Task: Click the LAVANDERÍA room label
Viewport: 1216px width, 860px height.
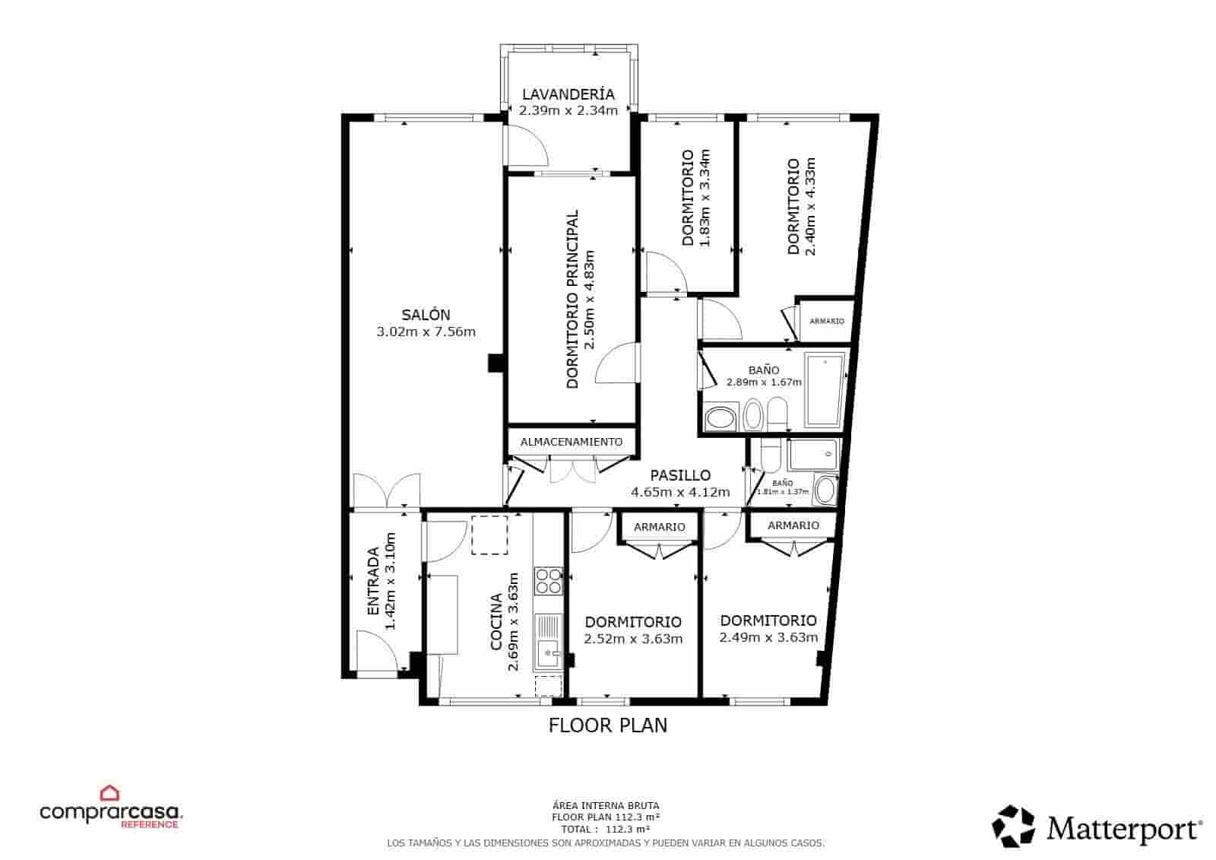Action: click(x=568, y=94)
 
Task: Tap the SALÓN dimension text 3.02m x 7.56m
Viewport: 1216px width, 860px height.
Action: click(x=426, y=332)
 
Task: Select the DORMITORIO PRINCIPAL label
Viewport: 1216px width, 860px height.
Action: click(x=572, y=300)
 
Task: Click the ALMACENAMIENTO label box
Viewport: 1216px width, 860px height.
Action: click(x=571, y=442)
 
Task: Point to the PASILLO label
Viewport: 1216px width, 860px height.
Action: click(x=680, y=476)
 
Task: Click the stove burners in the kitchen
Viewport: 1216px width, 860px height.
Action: click(x=549, y=581)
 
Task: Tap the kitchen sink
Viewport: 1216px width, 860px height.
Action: click(x=547, y=651)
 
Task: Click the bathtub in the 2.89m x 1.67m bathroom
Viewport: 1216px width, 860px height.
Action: click(x=823, y=389)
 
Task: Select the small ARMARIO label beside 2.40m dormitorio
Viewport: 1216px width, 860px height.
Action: click(x=826, y=322)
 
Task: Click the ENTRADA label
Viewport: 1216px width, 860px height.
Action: click(x=373, y=582)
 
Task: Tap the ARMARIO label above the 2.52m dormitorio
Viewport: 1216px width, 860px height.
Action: click(x=659, y=527)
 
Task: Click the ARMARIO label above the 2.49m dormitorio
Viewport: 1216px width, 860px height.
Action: click(x=793, y=525)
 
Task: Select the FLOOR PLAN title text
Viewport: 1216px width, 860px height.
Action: click(x=607, y=725)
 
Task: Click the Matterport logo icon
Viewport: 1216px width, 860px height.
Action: click(x=1014, y=827)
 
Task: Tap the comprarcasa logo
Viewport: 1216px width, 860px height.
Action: click(x=111, y=811)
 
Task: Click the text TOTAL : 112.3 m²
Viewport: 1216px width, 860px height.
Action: click(x=605, y=830)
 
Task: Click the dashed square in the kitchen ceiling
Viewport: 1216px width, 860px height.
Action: click(x=489, y=535)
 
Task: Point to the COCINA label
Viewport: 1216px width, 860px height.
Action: click(x=496, y=622)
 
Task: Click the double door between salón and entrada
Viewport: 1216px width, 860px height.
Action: click(x=386, y=490)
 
